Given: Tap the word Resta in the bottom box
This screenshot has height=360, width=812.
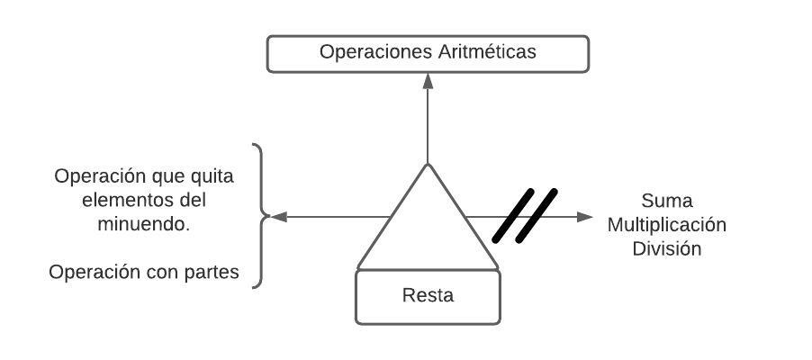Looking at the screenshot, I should (x=428, y=295).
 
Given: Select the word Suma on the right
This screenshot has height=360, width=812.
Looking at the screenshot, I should (x=667, y=200).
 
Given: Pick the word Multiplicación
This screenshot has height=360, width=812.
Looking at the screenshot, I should (x=667, y=224).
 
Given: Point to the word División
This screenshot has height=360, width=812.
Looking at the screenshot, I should (x=667, y=248).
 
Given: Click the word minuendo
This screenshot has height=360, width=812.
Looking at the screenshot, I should (x=143, y=224).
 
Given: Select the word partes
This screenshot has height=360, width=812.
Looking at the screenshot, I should (x=211, y=272).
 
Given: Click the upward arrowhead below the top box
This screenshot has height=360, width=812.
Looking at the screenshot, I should (x=429, y=80).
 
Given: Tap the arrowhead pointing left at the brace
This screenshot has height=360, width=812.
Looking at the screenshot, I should (x=278, y=217).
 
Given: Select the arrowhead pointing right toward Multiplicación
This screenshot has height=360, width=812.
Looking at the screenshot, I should (x=585, y=217).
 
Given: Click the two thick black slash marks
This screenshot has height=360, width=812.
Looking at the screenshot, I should (x=525, y=215).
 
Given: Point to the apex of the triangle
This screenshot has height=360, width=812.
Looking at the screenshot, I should (x=429, y=166).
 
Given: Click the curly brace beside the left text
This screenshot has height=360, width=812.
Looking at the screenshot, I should (x=260, y=216).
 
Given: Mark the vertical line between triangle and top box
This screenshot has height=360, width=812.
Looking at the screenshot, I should (x=429, y=126).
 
